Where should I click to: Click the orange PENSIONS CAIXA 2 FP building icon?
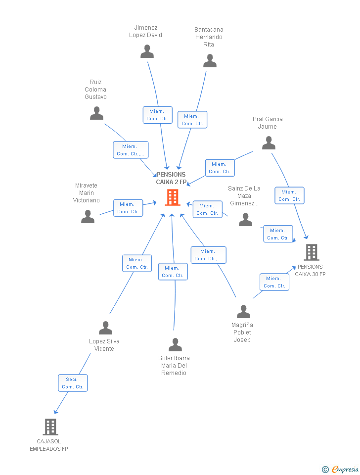pyautogui.click(x=172, y=197)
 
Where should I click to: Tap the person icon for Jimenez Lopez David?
pyautogui.click(x=147, y=51)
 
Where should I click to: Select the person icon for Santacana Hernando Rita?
pyautogui.click(x=210, y=61)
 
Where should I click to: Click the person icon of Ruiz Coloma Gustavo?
pyautogui.click(x=96, y=113)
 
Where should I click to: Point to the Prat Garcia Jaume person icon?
pyautogui.click(x=269, y=143)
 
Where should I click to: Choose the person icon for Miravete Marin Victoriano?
pyautogui.click(x=88, y=217)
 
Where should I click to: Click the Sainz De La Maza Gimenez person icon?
pyautogui.click(x=245, y=220)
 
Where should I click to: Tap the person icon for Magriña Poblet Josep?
pyautogui.click(x=243, y=312)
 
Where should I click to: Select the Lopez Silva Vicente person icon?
pyautogui.click(x=105, y=328)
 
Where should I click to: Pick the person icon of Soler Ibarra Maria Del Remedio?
pyautogui.click(x=175, y=345)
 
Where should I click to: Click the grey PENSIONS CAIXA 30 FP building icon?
pyautogui.click(x=311, y=252)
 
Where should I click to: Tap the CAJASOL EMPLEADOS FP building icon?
pyautogui.click(x=50, y=427)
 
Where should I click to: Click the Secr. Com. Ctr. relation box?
pyautogui.click(x=73, y=383)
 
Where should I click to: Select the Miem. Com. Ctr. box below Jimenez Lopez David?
pyautogui.click(x=157, y=115)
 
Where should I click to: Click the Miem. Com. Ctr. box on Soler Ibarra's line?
pyautogui.click(x=173, y=272)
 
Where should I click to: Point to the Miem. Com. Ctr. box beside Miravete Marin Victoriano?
pyautogui.click(x=128, y=208)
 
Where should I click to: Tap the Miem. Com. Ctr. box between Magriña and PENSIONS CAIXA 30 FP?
pyautogui.click(x=274, y=282)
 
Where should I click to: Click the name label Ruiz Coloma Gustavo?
pyautogui.click(x=95, y=90)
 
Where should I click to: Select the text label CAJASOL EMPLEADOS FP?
pyautogui.click(x=49, y=445)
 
